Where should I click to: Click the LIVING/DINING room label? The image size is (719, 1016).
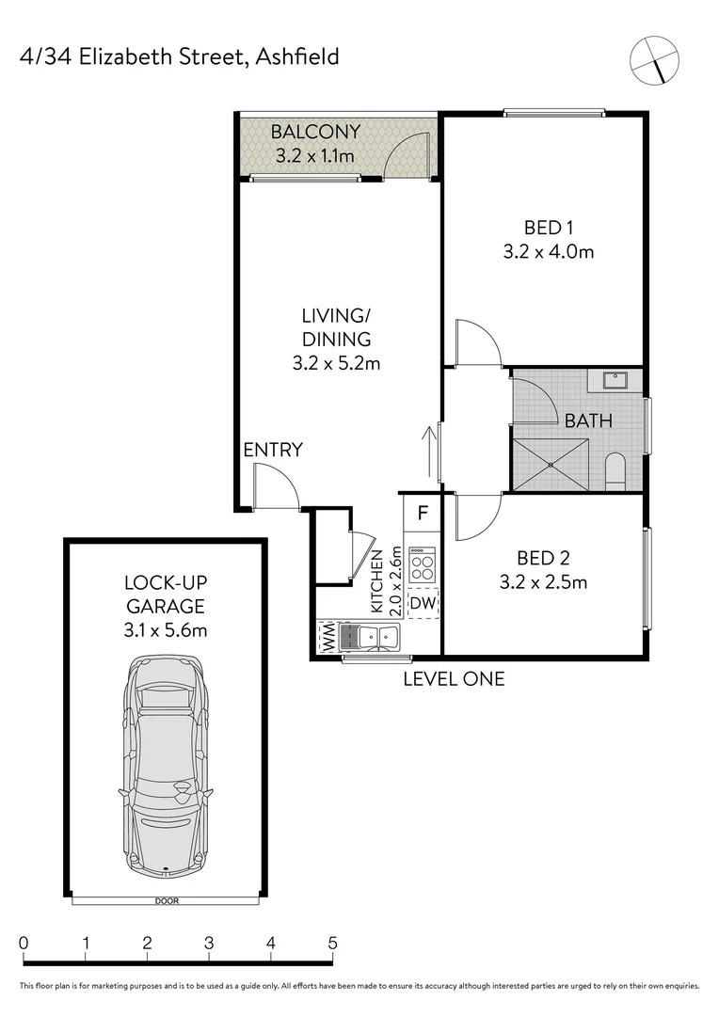coord(336,326)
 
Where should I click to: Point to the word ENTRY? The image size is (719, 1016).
coord(273,451)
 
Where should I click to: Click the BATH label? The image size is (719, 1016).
coord(588,421)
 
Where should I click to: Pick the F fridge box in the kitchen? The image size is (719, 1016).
coord(423,514)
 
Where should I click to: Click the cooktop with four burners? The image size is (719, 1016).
coord(423,566)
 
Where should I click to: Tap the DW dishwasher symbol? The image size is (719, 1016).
coord(423,603)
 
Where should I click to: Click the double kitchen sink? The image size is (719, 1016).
coord(372,637)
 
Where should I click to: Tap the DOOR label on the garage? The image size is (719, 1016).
coord(166,901)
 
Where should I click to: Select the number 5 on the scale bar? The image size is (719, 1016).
coord(332,943)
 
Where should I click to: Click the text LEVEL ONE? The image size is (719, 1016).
coord(454,678)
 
